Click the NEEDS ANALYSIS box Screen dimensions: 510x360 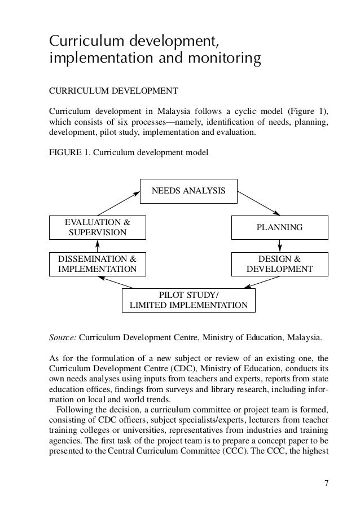coord(188,191)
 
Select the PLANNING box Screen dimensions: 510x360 coord(280,227)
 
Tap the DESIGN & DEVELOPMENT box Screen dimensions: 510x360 coord(280,264)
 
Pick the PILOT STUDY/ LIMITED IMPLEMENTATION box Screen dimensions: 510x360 coord(188,300)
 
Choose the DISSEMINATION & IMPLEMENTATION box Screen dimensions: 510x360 coord(97,264)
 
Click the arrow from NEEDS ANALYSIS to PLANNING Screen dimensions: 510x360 coord(259,204)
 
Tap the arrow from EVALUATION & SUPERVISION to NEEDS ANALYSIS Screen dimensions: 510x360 coord(119,204)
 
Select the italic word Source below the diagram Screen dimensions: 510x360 coord(63,338)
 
